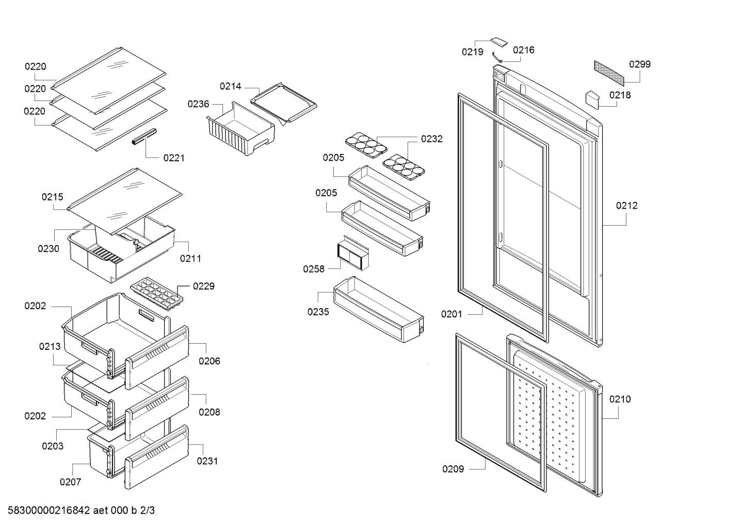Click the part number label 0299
(640, 64)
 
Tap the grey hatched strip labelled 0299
(609, 73)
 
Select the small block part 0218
(592, 100)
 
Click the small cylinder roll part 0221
(144, 137)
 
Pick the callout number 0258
(314, 268)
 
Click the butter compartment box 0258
(353, 253)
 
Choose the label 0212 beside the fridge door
(627, 206)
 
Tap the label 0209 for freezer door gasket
(453, 469)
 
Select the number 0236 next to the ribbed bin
(198, 104)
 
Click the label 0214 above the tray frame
(231, 86)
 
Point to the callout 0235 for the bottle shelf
(318, 312)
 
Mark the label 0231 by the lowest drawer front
(207, 461)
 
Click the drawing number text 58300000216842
(49, 510)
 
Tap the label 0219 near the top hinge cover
(473, 52)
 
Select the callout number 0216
(524, 50)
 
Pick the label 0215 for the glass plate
(52, 197)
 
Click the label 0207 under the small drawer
(70, 482)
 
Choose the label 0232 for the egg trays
(432, 139)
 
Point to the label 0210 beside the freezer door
(620, 399)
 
